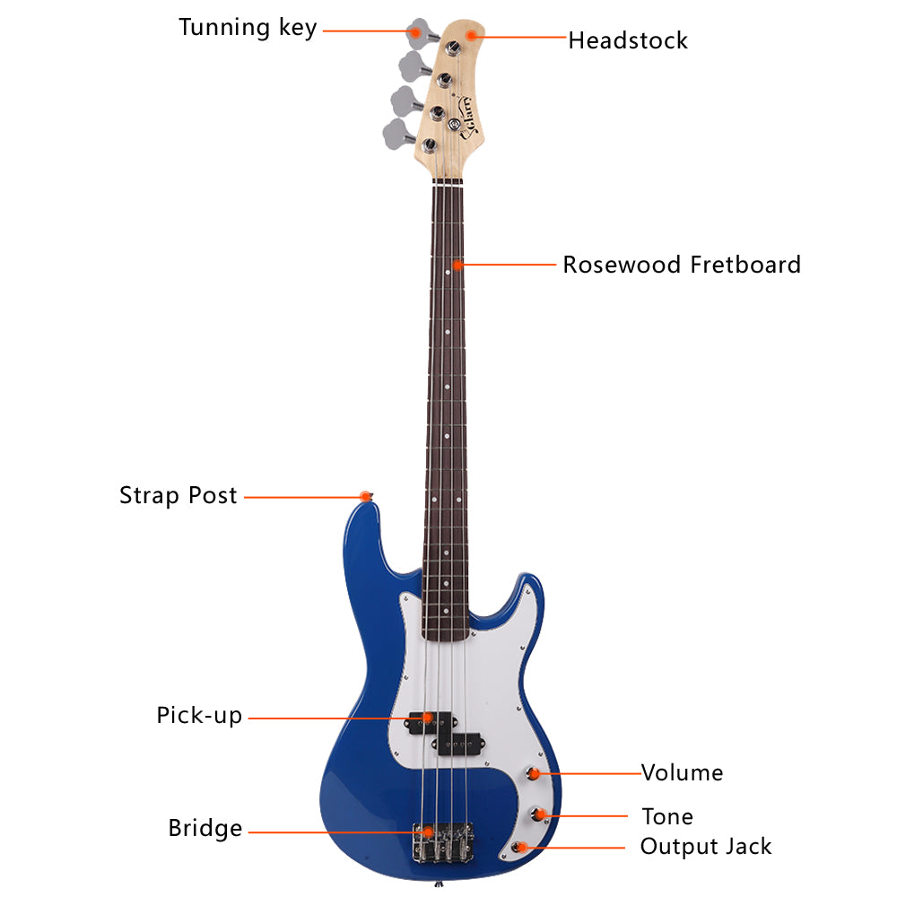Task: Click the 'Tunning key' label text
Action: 248,28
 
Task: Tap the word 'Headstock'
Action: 628,40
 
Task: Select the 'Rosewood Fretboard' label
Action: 682,265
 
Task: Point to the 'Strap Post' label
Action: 178,495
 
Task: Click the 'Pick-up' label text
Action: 199,716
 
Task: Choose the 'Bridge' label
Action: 205,828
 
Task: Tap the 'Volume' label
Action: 682,773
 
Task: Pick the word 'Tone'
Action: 667,816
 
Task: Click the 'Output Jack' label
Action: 705,846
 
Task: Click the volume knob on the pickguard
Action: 533,773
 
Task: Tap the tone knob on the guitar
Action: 537,814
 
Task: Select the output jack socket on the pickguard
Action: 519,847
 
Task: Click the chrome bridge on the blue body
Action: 443,842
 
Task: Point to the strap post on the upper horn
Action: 367,496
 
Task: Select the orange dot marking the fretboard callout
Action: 457,265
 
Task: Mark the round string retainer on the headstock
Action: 454,124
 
